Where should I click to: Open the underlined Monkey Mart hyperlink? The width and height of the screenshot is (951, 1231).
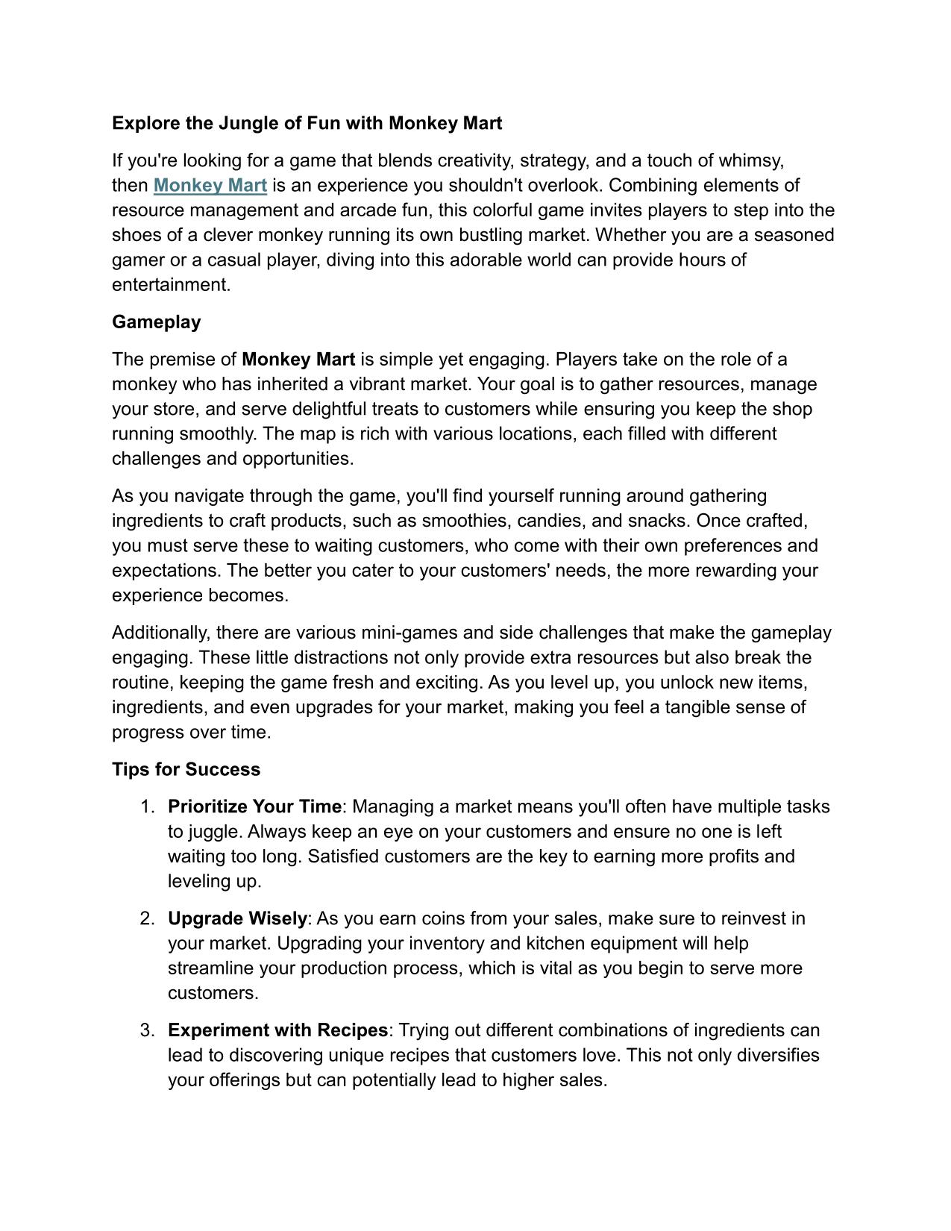pos(210,185)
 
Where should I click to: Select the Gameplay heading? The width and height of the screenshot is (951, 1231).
pos(157,322)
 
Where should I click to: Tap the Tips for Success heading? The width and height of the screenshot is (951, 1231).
pos(186,769)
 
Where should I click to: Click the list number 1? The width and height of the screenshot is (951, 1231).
pos(147,806)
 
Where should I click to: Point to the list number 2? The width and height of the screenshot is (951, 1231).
pos(147,918)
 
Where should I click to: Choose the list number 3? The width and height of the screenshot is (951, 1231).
pos(147,1030)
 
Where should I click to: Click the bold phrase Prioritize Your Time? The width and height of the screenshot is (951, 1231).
pos(254,806)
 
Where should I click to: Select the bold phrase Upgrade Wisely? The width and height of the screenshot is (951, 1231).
pos(237,918)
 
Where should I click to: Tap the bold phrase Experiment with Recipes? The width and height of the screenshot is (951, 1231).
pos(277,1030)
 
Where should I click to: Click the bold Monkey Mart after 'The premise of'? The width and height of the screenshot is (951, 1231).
pos(298,360)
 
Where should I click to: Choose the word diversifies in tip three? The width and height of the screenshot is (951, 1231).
pos(777,1056)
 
